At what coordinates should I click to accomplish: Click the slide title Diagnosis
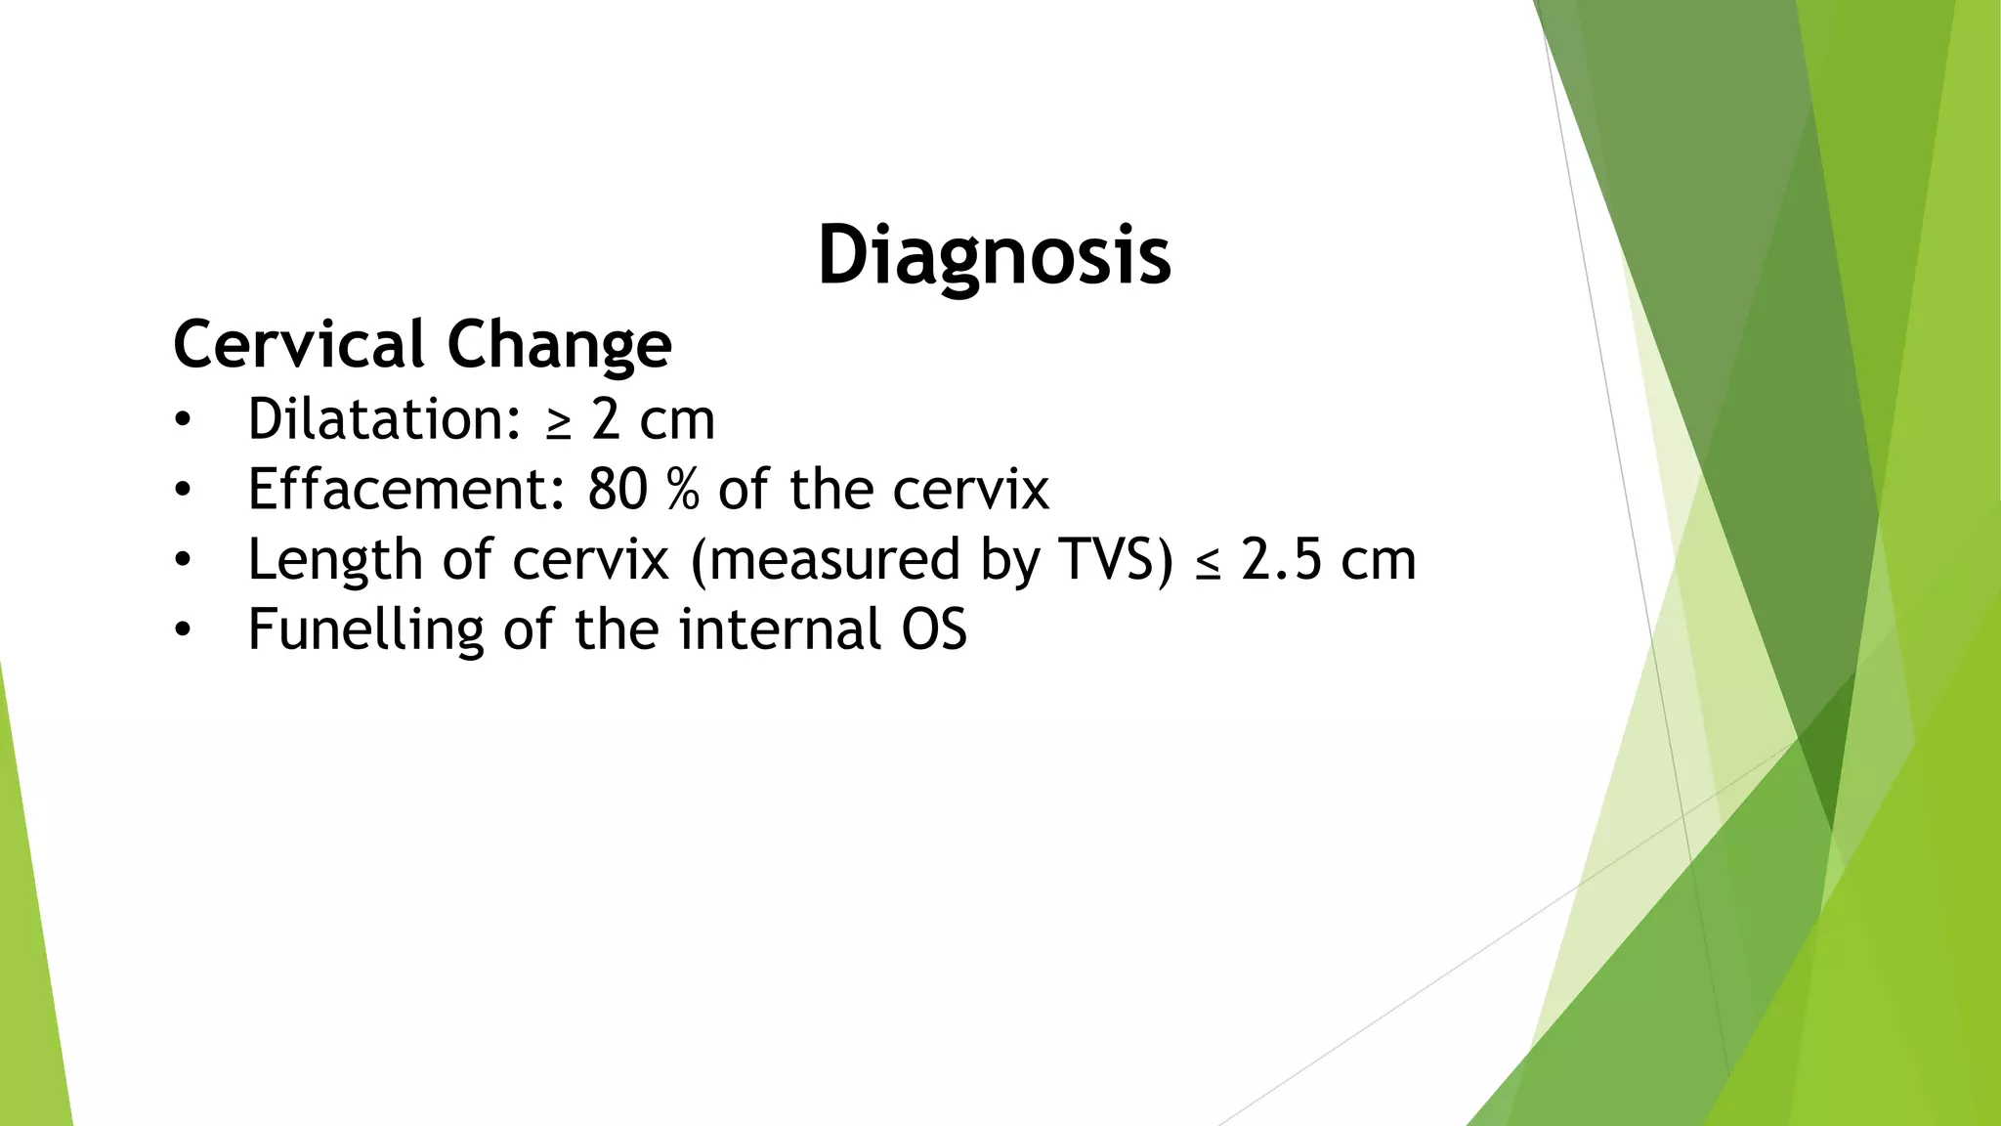[994, 255]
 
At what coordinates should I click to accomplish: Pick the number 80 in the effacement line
[617, 490]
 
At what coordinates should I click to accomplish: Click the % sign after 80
[683, 490]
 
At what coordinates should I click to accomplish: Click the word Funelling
[365, 629]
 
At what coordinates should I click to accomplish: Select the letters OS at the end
[934, 629]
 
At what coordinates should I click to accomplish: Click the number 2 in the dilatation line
[606, 420]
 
